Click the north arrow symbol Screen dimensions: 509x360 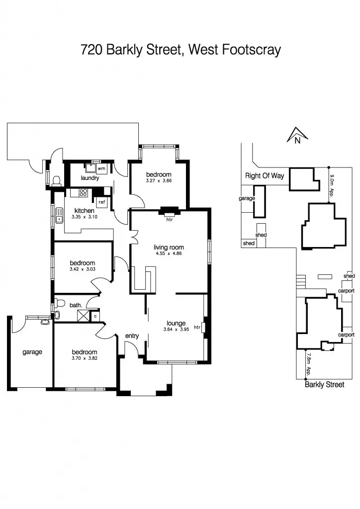pos(297,135)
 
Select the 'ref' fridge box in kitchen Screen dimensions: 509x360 pos(101,202)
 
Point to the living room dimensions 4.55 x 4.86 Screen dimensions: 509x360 pos(169,254)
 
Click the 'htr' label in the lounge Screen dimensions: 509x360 pos(197,327)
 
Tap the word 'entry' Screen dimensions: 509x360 pos(132,337)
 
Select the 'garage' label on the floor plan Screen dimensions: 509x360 pos(32,352)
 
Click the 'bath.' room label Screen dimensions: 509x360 pos(76,306)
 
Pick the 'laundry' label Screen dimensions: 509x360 pos(90,178)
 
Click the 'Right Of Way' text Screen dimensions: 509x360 pos(264,176)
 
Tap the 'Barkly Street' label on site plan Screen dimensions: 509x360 pos(324,385)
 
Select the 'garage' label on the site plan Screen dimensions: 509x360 pos(247,198)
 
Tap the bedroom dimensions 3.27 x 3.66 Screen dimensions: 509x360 pos(159,181)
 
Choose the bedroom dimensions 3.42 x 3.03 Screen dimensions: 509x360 pos(82,269)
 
